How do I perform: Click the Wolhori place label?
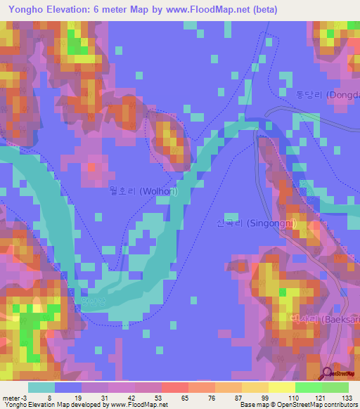[143, 190]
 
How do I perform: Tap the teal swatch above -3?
[41, 387]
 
